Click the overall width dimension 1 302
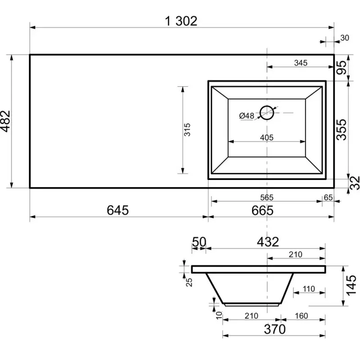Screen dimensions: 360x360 pos(181,21)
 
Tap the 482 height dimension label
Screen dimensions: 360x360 pos(5,121)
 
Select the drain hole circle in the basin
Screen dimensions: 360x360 pos(267,113)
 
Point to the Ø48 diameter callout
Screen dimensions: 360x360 pos(247,116)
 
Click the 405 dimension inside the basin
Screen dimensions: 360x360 pos(267,138)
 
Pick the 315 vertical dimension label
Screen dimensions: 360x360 pos(187,130)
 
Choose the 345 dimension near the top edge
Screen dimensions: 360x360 pos(301,63)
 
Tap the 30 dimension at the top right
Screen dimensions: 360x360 pos(345,38)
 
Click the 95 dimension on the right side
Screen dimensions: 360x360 pos(342,67)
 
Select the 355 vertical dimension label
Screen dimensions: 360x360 pos(342,130)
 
